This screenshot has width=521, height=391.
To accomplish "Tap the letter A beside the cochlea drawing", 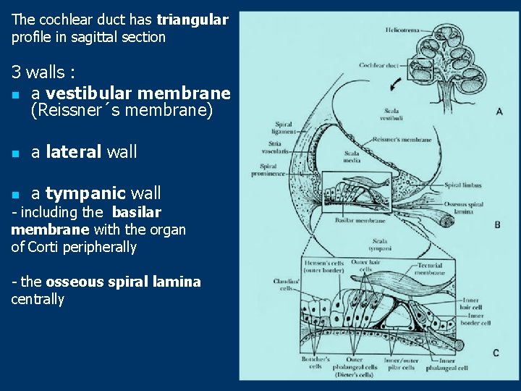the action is pos(499,112).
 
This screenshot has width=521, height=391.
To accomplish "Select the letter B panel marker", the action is pos(497,225).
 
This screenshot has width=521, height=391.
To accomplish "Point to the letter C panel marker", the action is pos(496,353).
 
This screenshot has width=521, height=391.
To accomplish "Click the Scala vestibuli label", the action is pos(391,114).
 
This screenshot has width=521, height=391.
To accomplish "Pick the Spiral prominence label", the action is pos(274,170).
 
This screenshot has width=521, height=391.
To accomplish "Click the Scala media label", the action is pos(352,156).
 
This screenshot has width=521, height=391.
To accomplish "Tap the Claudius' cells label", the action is pos(282,284).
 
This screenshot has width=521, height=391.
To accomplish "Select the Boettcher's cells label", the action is pos(316,362).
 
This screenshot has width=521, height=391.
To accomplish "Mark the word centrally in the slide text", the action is pos(38,299).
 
